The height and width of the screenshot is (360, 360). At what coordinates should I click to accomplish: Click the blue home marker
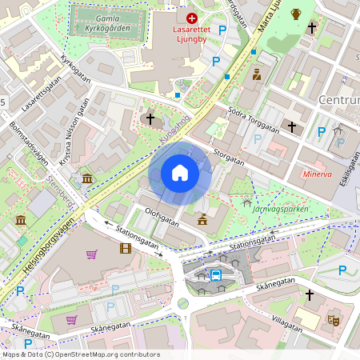(x=180, y=173)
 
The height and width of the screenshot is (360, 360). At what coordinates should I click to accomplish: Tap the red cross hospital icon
(x=191, y=18)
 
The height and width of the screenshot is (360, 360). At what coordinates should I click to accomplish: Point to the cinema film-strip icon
(x=126, y=248)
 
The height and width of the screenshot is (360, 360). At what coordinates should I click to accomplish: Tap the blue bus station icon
(x=216, y=274)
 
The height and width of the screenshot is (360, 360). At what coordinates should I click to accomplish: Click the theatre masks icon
(x=334, y=319)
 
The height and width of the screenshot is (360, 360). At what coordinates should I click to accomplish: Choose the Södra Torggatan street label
(x=253, y=118)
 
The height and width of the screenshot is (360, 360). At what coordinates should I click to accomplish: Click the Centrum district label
(x=339, y=100)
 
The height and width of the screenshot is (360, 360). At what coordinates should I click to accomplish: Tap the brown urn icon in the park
(x=296, y=14)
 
